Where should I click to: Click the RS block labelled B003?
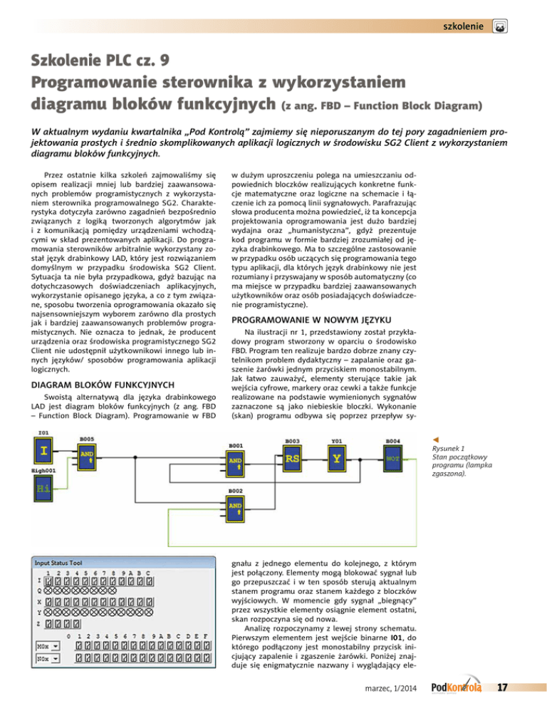[293, 459]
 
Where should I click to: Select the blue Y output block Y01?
[338, 459]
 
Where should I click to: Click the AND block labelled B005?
[87, 456]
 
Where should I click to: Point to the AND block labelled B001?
[235, 465]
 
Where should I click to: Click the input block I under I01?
[44, 451]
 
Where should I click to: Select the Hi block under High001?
[44, 489]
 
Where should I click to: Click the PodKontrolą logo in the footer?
[457, 687]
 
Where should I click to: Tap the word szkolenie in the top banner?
[463, 26]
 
